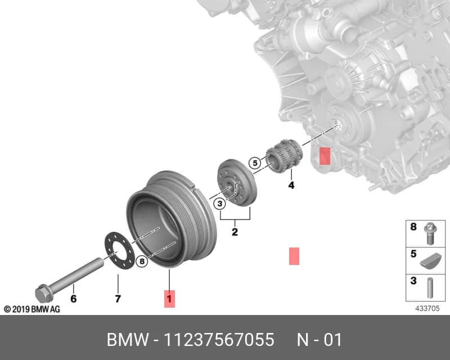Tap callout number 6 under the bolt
(x=74, y=299)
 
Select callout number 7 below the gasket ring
(x=118, y=299)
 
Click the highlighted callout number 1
(x=169, y=299)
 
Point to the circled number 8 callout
(x=142, y=261)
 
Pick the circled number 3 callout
(x=220, y=204)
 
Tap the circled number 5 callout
(x=255, y=163)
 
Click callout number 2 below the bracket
(x=235, y=232)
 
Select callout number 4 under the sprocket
(x=291, y=185)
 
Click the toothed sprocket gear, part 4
(x=284, y=156)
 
